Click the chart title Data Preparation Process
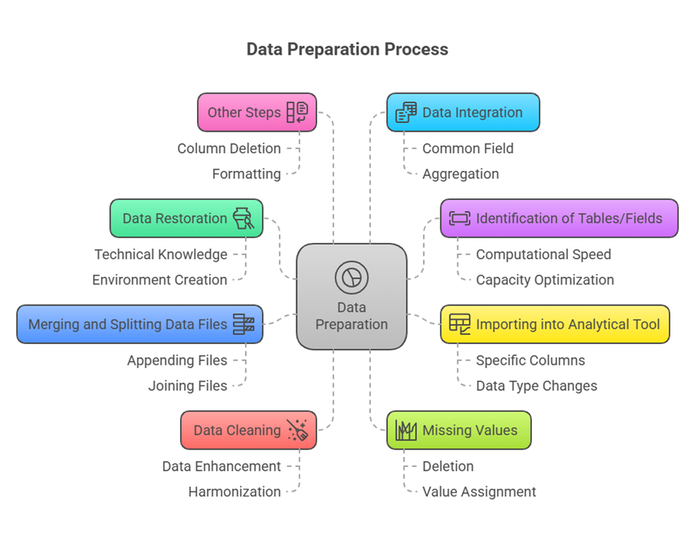point(347,49)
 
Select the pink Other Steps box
point(256,112)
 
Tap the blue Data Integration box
point(463,112)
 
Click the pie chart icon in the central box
point(351,277)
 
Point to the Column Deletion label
point(229,149)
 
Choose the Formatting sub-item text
point(246,174)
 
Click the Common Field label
point(467,149)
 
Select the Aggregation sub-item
point(460,174)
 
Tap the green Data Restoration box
point(186,219)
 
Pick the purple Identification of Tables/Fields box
point(559,219)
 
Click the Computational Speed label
point(543,255)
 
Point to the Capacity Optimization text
point(545,280)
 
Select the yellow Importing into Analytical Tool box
point(555,324)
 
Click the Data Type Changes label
point(536,385)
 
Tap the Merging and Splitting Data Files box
point(139,324)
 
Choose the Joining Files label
point(188,385)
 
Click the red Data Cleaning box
point(248,430)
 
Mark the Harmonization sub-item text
point(235,492)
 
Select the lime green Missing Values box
point(459,430)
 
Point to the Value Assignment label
point(479,492)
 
